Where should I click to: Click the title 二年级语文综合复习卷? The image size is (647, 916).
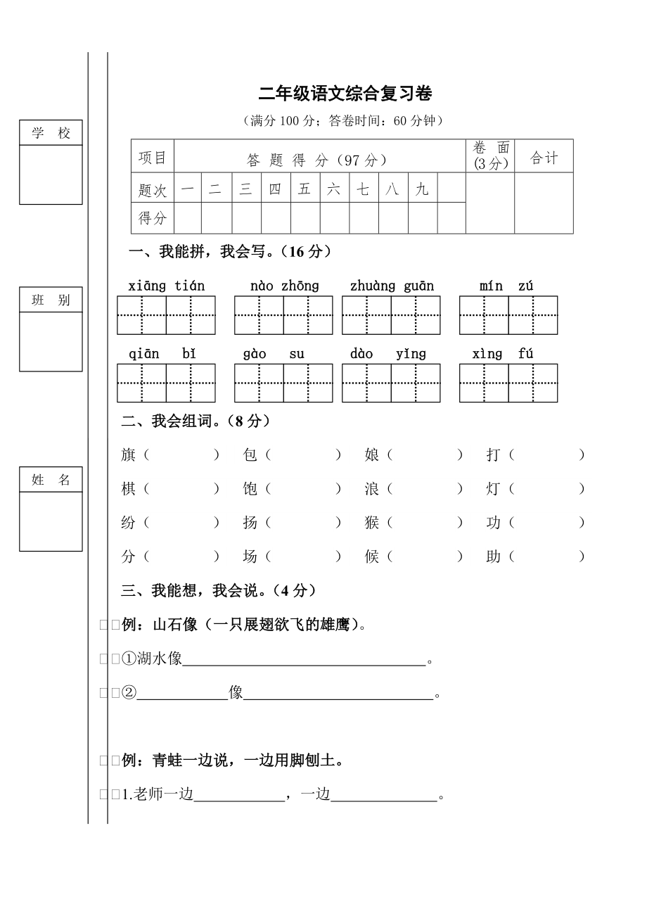tap(345, 94)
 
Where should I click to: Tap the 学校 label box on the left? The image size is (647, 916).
tap(51, 133)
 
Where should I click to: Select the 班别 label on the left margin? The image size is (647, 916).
tap(51, 300)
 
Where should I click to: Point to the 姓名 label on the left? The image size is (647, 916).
tap(51, 480)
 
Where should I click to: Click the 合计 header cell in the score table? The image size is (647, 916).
tap(544, 158)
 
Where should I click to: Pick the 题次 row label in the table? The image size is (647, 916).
tap(153, 189)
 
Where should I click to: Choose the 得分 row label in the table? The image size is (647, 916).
tap(153, 218)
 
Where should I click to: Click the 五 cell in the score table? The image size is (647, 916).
tap(305, 189)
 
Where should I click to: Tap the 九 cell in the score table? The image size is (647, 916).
tap(422, 189)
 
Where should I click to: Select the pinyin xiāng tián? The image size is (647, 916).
tap(167, 286)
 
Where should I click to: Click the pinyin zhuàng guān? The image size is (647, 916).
tap(392, 286)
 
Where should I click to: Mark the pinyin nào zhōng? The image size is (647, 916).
tap(284, 286)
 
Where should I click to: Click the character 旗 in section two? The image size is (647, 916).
tap(128, 455)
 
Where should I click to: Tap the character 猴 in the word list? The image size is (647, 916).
tap(372, 523)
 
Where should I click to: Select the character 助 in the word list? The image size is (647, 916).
tap(493, 556)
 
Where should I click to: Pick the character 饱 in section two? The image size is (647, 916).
tap(250, 489)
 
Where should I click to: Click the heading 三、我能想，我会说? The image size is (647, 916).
tap(219, 590)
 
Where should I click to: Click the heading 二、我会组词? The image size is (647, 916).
tap(196, 421)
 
